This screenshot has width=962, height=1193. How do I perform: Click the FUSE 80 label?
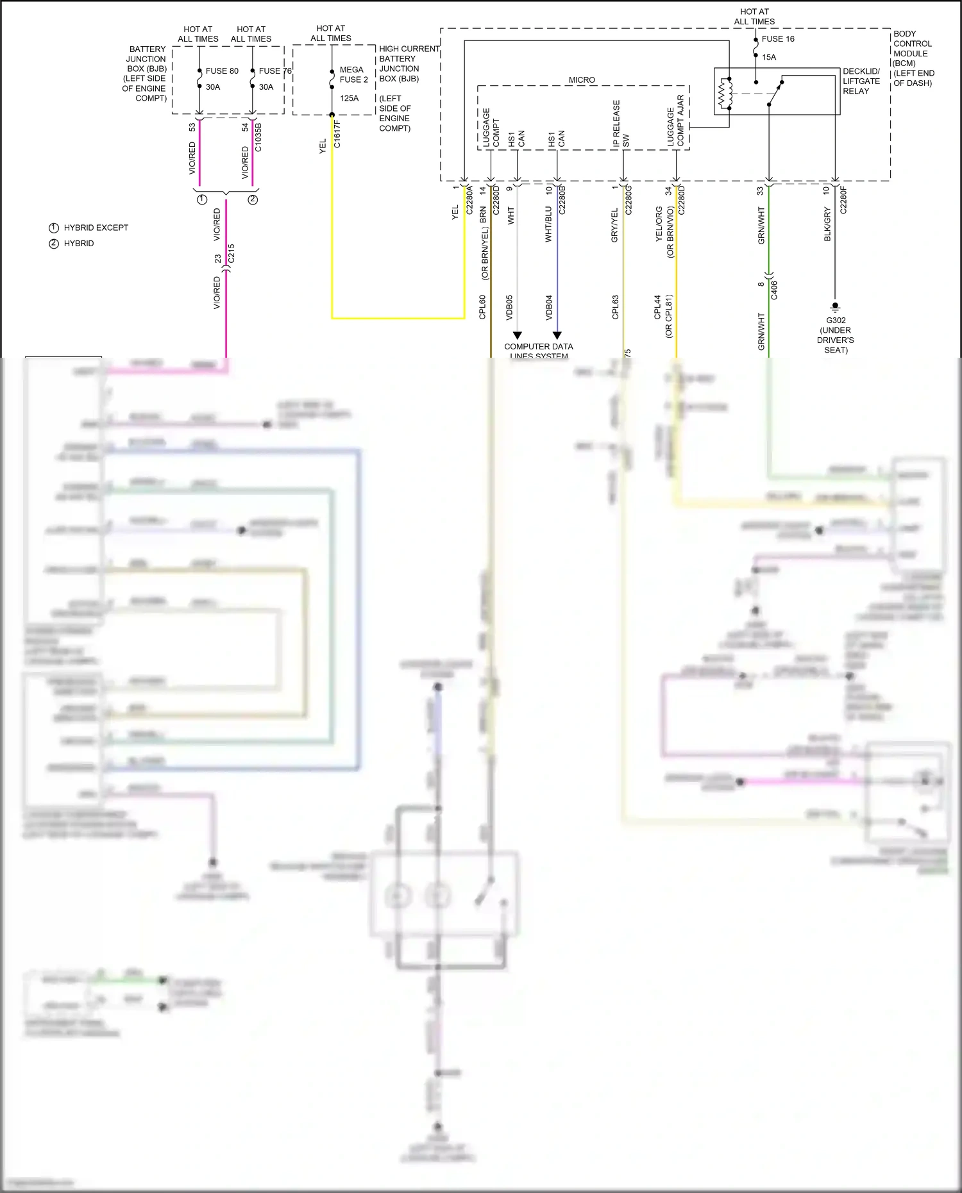[x=221, y=71]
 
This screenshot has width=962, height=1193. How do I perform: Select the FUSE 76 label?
[x=274, y=71]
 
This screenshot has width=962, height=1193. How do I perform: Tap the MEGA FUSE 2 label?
[x=353, y=74]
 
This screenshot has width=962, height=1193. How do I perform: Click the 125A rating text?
[x=350, y=98]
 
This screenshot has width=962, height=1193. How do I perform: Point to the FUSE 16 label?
[x=777, y=39]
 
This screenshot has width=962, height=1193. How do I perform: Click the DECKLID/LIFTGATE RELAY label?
[x=861, y=81]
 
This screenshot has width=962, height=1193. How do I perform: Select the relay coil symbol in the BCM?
[x=725, y=94]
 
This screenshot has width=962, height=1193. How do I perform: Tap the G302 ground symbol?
[x=835, y=306]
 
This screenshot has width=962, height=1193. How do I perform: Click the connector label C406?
[x=774, y=290]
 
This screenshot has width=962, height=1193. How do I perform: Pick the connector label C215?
[x=232, y=253]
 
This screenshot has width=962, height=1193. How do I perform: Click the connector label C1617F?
[x=337, y=134]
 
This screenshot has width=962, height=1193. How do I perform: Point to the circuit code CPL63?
[x=616, y=307]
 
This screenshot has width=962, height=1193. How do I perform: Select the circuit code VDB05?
[x=510, y=307]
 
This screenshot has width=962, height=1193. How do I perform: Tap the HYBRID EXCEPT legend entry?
[x=95, y=228]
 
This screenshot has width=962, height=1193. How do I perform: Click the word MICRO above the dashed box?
[x=582, y=80]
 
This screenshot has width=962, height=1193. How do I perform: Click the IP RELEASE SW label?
[x=621, y=124]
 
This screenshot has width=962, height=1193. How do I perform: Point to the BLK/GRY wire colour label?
[x=827, y=224]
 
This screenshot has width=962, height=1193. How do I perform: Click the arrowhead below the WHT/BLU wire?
[x=557, y=335]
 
